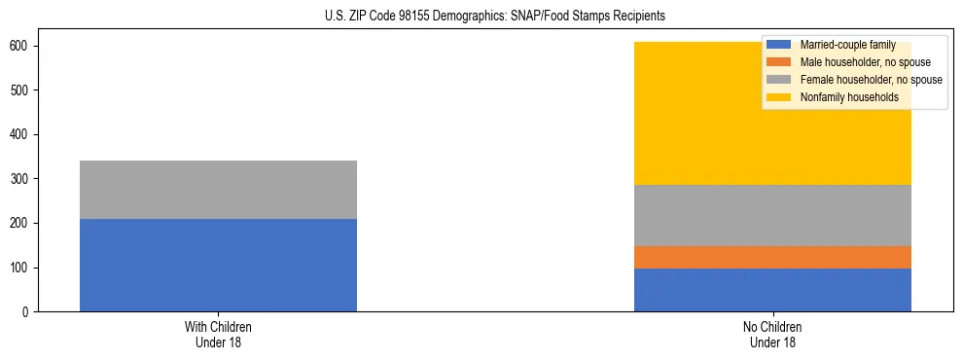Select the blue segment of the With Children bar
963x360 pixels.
point(218,265)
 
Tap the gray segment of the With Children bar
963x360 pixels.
point(218,190)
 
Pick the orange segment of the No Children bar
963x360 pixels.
point(772,257)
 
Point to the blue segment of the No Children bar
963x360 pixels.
point(772,290)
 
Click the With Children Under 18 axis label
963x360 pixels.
point(218,334)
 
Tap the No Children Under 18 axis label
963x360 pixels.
point(772,334)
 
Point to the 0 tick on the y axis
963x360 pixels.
point(27,312)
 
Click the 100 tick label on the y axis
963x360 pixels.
point(21,268)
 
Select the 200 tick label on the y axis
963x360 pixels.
point(21,224)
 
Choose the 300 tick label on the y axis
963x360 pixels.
point(21,179)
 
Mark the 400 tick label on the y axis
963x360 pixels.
point(21,135)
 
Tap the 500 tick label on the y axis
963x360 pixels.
point(21,90)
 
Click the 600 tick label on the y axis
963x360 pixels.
point(21,47)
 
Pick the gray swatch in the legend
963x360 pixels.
point(779,80)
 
